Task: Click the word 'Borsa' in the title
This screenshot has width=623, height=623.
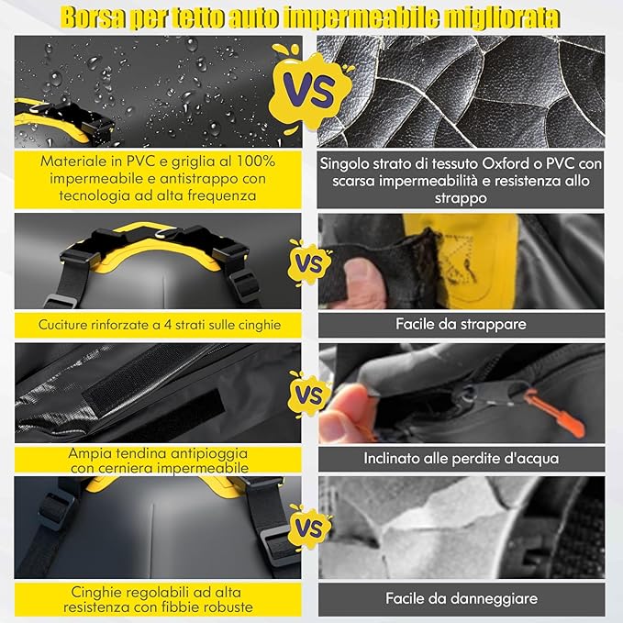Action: coord(94,17)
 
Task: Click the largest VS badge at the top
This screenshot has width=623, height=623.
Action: coord(310,88)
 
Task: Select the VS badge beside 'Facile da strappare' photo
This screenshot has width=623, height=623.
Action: coord(309,263)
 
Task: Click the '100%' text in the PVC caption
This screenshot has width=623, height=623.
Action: coord(256,161)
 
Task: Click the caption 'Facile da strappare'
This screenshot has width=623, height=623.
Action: coord(461,324)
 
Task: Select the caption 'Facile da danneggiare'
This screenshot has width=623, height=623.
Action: coord(462,598)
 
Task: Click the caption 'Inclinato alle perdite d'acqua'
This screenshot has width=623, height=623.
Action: coord(462,459)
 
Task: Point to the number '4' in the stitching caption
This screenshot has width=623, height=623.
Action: coord(168,325)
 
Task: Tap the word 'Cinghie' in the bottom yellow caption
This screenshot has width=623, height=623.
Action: coord(94,593)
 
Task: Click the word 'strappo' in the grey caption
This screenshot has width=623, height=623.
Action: coord(461,198)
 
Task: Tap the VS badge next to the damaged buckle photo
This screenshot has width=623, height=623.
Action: coord(309,528)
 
